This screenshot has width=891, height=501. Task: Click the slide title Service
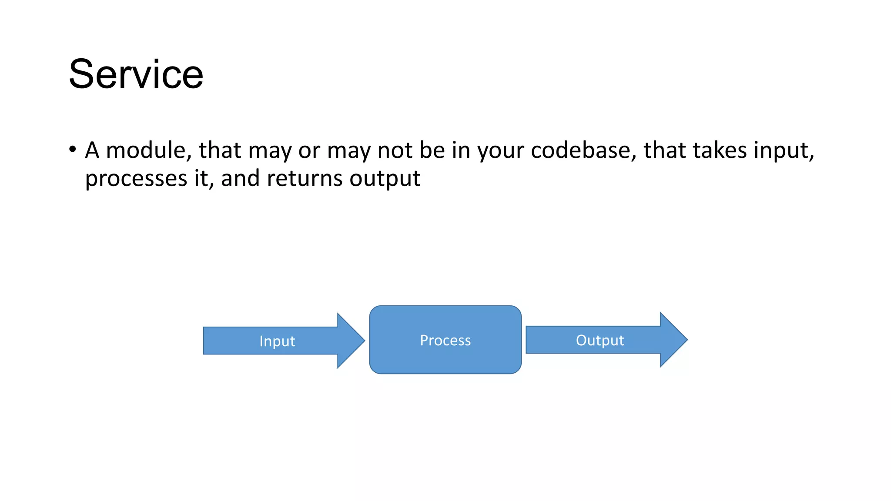coord(136,74)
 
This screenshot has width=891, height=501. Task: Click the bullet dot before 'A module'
coord(73,150)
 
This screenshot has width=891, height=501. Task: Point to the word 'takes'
coord(720,150)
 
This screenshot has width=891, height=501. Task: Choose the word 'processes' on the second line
coord(136,179)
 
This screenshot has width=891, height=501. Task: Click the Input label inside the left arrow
coord(277,341)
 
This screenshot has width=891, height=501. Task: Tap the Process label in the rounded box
coord(445,340)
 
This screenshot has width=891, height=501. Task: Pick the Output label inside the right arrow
coord(600,340)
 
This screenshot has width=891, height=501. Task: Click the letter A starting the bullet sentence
coord(92,150)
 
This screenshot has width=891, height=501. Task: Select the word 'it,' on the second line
coord(204,179)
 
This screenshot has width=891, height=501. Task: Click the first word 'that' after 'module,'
coord(220,150)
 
